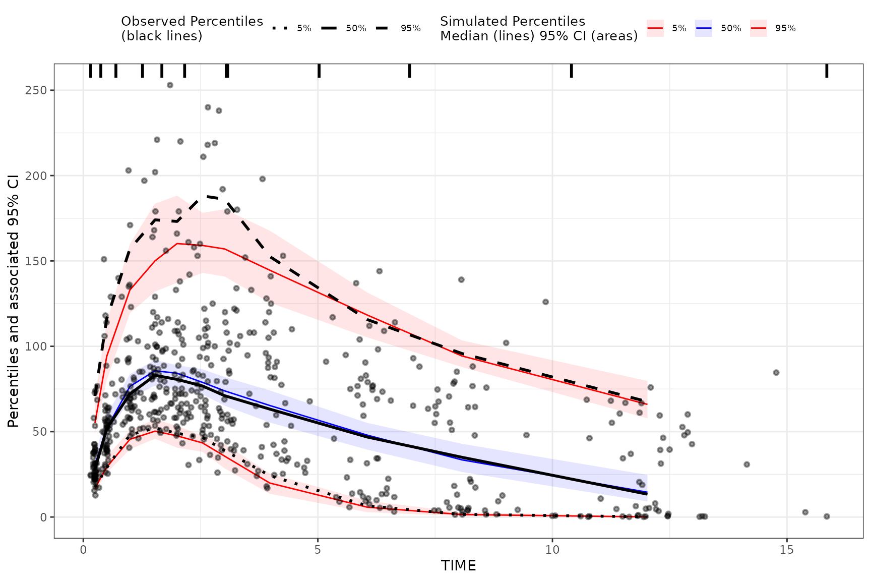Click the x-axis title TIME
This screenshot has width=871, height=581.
pyautogui.click(x=458, y=565)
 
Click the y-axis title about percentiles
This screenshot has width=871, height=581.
pyautogui.click(x=14, y=301)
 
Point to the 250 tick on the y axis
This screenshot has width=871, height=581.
pyautogui.click(x=37, y=90)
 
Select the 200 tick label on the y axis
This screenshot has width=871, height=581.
pyautogui.click(x=37, y=176)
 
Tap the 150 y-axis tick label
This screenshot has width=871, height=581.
pyautogui.click(x=37, y=261)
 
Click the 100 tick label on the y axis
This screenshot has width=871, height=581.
pyautogui.click(x=37, y=346)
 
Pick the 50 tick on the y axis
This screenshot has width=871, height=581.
pyautogui.click(x=40, y=432)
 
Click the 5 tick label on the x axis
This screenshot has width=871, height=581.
pyautogui.click(x=318, y=549)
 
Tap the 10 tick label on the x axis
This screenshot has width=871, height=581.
pyautogui.click(x=552, y=549)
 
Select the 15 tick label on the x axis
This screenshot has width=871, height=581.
pyautogui.click(x=787, y=549)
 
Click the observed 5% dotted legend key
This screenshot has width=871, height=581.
pyautogui.click(x=279, y=28)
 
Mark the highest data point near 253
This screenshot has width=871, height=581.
pyautogui.click(x=170, y=85)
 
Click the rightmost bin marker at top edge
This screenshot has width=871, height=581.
pyautogui.click(x=827, y=71)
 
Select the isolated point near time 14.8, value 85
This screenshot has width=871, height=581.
pyautogui.click(x=776, y=373)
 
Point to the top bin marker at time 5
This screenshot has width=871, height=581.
pyautogui.click(x=319, y=71)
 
